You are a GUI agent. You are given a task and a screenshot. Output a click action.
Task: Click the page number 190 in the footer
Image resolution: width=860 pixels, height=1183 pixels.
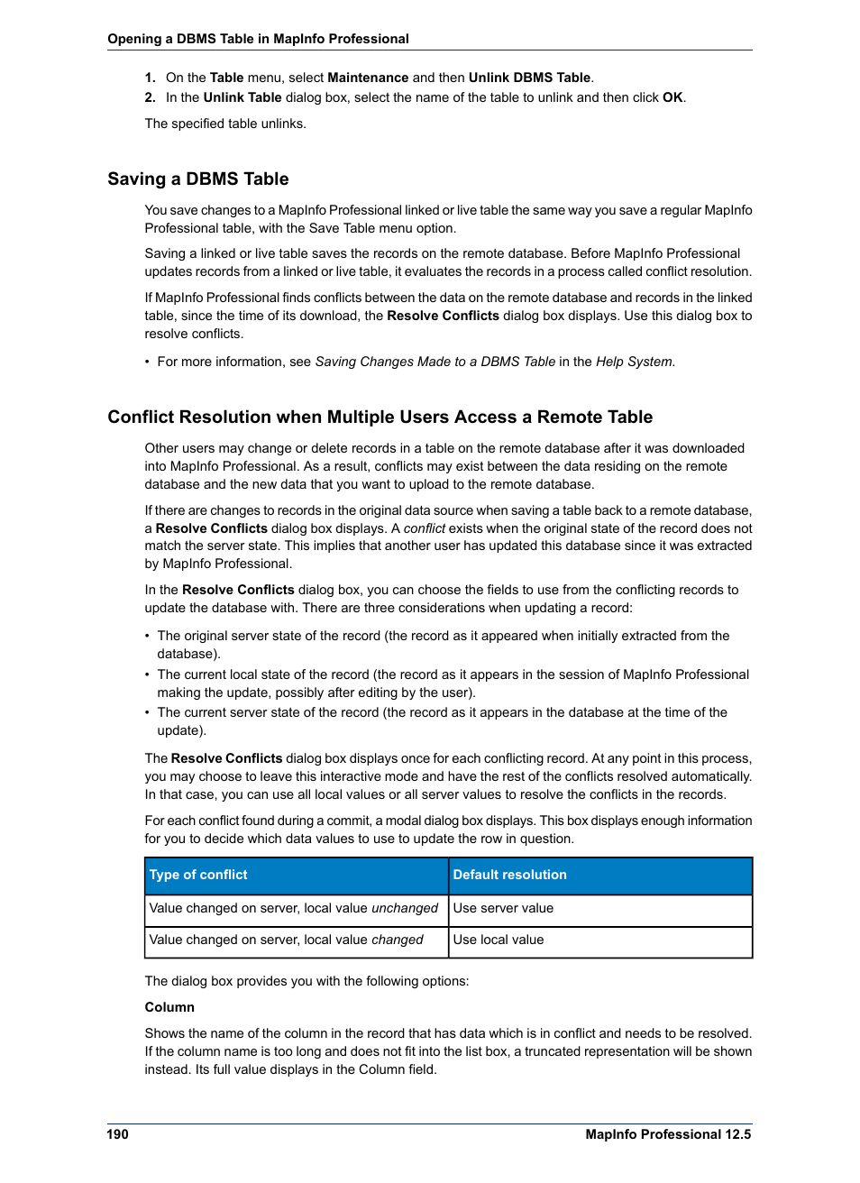[117, 1134]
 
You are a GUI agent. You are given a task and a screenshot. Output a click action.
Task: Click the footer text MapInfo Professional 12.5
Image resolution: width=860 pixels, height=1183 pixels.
[667, 1134]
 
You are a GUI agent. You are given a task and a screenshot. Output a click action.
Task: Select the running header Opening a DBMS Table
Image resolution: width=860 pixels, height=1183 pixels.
[258, 39]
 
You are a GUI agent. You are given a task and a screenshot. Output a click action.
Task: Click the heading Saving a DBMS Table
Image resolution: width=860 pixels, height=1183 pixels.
[197, 179]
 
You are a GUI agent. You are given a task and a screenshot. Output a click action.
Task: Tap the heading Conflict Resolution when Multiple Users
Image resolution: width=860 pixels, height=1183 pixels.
[380, 417]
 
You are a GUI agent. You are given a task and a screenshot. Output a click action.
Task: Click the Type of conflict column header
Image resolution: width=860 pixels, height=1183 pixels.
[198, 875]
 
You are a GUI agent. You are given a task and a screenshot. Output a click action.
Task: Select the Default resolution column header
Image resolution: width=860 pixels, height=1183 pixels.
[509, 875]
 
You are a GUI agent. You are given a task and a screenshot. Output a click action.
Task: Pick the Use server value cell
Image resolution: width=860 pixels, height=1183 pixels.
[503, 908]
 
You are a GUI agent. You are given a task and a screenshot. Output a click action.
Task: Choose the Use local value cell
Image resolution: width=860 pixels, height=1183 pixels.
[499, 940]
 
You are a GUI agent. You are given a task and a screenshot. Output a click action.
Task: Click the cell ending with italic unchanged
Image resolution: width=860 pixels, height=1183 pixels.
[293, 908]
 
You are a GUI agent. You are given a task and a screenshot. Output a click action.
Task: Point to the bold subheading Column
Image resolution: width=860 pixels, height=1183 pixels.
[169, 1007]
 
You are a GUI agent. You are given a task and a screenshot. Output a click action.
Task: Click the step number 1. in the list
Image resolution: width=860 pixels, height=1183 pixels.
[150, 78]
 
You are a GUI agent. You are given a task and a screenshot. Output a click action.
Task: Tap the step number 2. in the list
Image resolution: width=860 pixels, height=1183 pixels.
[150, 97]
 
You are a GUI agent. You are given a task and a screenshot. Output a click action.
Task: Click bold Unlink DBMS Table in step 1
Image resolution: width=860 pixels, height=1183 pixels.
[529, 78]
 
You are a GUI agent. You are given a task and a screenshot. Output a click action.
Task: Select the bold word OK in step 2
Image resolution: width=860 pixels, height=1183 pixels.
[672, 97]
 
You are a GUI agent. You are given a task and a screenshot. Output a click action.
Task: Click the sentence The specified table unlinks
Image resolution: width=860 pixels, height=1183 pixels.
[225, 124]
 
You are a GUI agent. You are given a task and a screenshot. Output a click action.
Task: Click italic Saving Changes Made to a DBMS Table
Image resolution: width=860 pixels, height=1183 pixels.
[435, 362]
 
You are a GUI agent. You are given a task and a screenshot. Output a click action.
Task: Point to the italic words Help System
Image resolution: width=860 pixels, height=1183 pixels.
[634, 362]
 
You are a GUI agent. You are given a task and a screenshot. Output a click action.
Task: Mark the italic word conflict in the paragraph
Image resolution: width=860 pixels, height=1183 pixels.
[424, 528]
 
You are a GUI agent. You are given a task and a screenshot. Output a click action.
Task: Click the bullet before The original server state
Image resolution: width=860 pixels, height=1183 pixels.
[148, 637]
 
